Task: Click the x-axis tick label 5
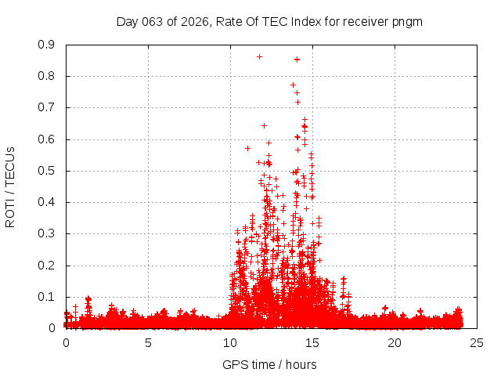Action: pos(148,342)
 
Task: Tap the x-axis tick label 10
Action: pos(230,342)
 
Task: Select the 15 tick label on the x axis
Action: pos(312,342)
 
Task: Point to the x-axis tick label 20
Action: pos(395,342)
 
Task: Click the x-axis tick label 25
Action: pos(477,342)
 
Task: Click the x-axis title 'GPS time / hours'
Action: pos(269,364)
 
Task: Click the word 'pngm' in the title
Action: pos(407,22)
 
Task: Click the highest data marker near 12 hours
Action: pos(259,56)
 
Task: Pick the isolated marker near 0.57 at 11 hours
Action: pos(247,148)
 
